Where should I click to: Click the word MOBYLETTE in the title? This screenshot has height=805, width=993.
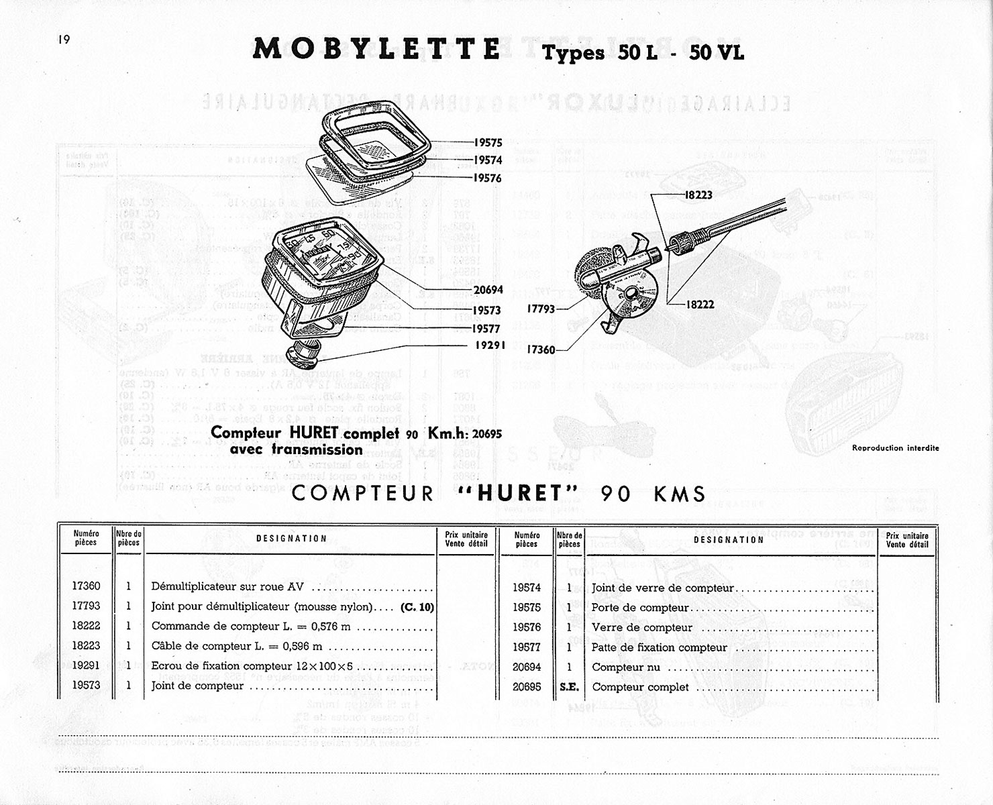[376, 50]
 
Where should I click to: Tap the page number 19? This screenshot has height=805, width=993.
[64, 40]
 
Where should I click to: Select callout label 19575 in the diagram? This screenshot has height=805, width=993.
[488, 143]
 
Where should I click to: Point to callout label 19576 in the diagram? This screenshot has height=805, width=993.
[488, 178]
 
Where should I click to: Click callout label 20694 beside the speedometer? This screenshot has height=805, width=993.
[488, 291]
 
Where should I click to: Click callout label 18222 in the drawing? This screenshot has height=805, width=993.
[700, 305]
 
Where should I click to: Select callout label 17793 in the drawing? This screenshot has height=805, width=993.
[541, 310]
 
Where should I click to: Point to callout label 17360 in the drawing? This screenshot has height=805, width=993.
[541, 350]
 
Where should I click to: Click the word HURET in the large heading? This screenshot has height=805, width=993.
[520, 494]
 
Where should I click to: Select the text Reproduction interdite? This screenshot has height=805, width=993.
[895, 448]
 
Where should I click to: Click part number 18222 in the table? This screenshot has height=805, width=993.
[86, 626]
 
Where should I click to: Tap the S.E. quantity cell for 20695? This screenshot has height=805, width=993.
[569, 687]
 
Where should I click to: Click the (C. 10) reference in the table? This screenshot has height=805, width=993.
[417, 607]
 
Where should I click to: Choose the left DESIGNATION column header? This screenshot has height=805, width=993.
[292, 539]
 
